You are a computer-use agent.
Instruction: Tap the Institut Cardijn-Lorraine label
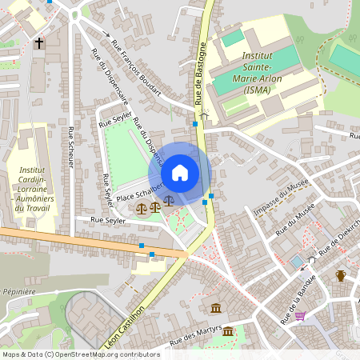32,189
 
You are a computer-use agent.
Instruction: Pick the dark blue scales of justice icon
168,201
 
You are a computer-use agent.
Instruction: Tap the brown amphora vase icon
340,276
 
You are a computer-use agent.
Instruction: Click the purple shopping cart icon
300,315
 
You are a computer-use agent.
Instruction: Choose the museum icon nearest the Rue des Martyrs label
229,330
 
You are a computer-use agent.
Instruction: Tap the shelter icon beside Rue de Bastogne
204,115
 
